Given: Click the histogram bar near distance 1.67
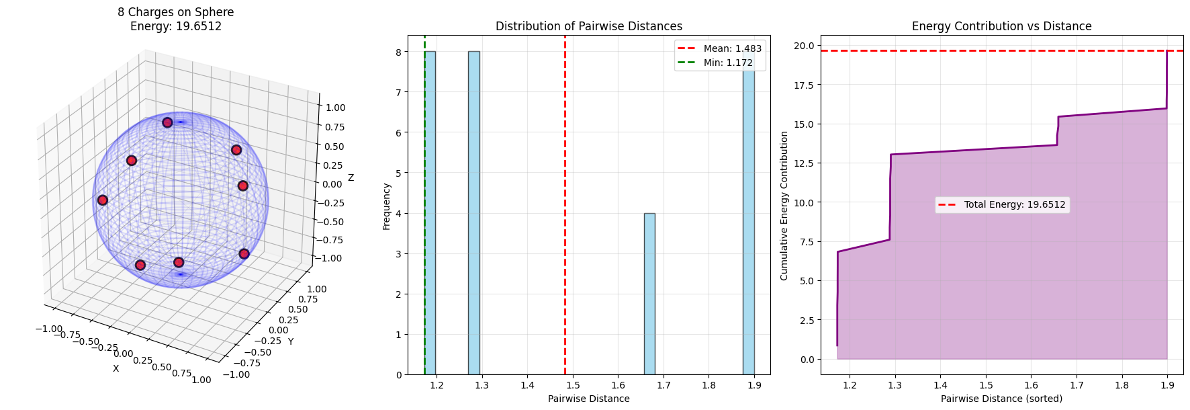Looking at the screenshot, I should (x=649, y=294).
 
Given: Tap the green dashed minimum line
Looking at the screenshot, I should (x=424, y=202).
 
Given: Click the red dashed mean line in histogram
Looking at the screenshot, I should (x=565, y=202).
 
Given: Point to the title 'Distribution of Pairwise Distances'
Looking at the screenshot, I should (x=588, y=26).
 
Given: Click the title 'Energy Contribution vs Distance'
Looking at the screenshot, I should (x=1001, y=26).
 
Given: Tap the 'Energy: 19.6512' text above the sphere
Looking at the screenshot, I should (x=176, y=26).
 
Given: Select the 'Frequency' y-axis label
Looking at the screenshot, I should (x=386, y=206).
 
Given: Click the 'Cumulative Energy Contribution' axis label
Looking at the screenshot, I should (x=784, y=206).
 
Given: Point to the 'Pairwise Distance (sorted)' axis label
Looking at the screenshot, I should (x=1001, y=399).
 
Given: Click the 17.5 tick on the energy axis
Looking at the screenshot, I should (x=804, y=85).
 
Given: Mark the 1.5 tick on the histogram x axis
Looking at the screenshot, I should (x=573, y=385).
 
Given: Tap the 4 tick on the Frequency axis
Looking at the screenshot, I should (x=399, y=214).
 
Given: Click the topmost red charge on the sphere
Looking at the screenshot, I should (x=167, y=122).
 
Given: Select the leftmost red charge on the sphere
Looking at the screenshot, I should (x=103, y=200).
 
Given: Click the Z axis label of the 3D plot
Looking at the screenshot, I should (x=351, y=177).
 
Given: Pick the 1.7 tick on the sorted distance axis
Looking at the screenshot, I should (x=1077, y=385).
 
